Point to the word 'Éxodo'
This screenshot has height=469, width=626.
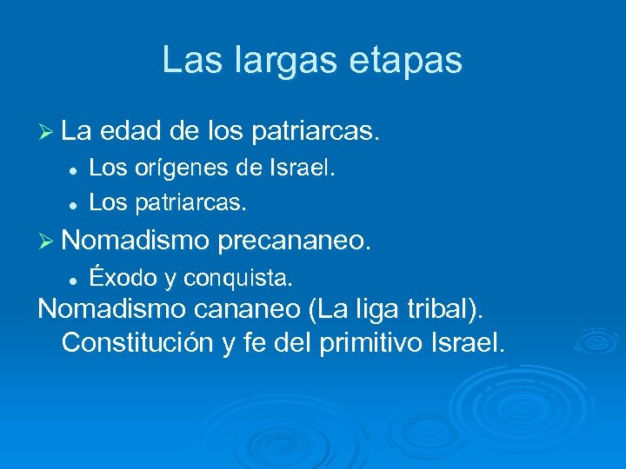point(122,278)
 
